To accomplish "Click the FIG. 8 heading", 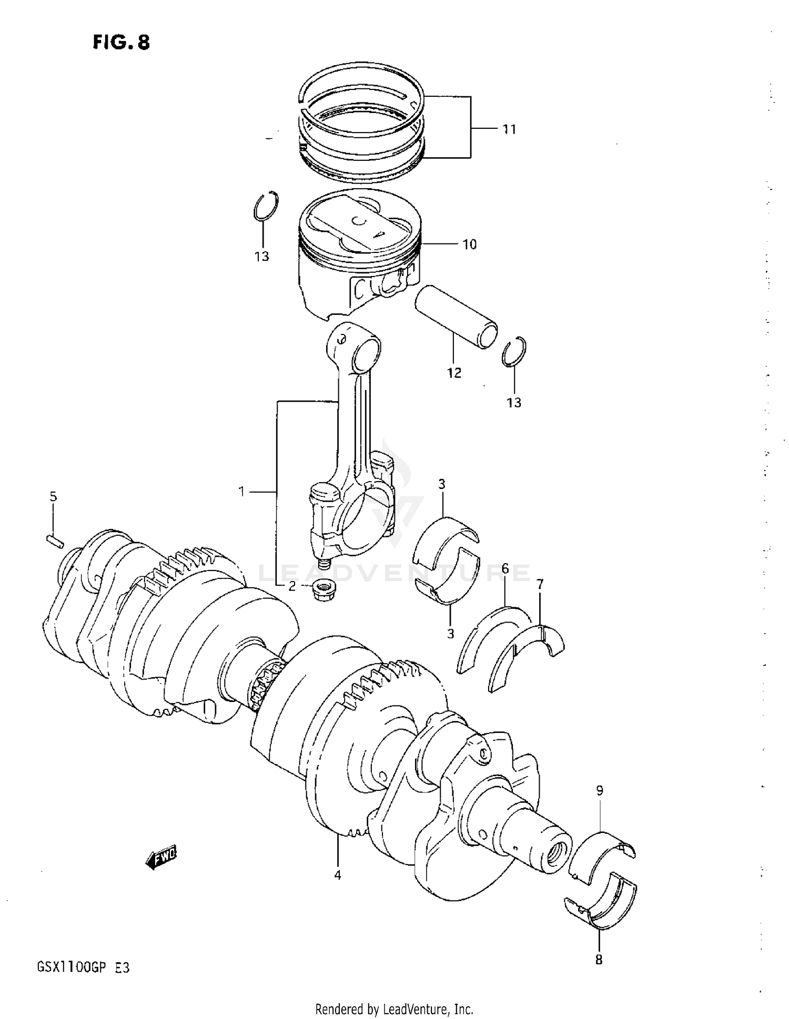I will click(121, 42).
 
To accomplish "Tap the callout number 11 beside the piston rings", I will click(509, 129).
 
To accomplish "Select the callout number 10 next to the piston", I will click(469, 244).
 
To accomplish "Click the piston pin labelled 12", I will click(456, 315).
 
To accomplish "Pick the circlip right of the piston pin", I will click(514, 351).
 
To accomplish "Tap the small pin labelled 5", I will click(55, 540).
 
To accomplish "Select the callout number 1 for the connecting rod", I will click(241, 492).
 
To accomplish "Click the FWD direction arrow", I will click(162, 858).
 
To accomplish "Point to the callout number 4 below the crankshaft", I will click(338, 875).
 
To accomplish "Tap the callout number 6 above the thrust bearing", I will click(505, 568).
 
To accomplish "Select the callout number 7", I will click(540, 584).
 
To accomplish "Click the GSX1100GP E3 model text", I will click(83, 967).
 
